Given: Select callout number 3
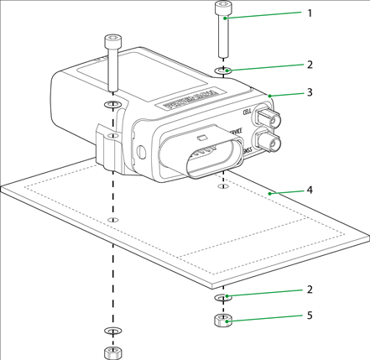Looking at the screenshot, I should pos(309,91).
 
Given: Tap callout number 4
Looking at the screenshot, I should pos(309,190).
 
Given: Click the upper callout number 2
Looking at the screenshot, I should pos(309,63).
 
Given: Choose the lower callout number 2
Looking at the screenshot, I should pos(309,290).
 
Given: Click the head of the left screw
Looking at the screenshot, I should pos(110,40).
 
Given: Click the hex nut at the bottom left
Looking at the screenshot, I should pos(110,352).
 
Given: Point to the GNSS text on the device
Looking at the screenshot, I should pos(249,150).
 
